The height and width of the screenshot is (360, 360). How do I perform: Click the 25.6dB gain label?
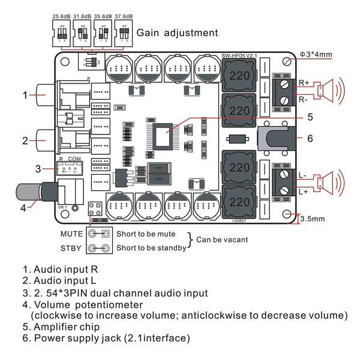coord(62,15)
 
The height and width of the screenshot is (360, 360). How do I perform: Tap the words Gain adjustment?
coord(178,33)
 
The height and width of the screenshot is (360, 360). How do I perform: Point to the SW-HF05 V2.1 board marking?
coord(240,56)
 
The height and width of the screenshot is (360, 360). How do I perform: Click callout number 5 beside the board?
coord(310,117)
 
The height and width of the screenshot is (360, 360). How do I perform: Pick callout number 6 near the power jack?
coord(310,138)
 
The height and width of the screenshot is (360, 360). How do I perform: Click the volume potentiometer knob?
coord(25,193)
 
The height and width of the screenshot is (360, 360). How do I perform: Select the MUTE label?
coord(72,234)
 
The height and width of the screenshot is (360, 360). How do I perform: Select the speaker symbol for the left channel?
coord(329,181)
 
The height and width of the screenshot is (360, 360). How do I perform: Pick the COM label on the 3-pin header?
coord(74,159)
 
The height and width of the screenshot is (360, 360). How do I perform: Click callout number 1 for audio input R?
coord(25,95)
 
